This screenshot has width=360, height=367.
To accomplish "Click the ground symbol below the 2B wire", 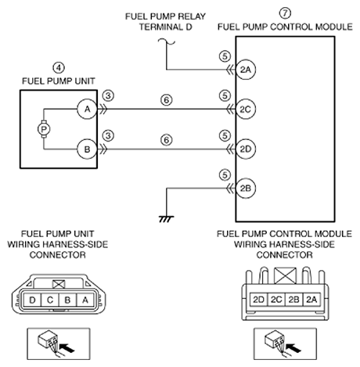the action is tap(167, 219).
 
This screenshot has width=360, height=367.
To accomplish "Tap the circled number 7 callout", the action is tap(285, 13).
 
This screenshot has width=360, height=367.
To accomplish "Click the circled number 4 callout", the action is tap(59, 68).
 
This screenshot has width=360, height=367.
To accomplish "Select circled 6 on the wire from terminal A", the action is tap(167, 100).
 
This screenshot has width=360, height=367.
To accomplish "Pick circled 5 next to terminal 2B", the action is tap(225, 175).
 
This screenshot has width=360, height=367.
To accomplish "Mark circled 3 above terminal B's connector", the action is tap(108, 135).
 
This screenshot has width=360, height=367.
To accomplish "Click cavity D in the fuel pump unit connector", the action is tap(32, 300).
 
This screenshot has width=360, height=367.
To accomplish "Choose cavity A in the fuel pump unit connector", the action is tap(85, 300).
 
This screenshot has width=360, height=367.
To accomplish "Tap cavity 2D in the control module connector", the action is tap(259, 300).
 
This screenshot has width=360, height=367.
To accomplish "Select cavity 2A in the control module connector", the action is tap(311, 300).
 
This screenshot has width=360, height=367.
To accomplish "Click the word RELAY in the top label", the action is tap(192, 16).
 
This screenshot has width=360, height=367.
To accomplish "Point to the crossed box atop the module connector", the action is tap(286, 275).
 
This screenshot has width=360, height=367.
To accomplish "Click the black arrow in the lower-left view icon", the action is tap(67, 347).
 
